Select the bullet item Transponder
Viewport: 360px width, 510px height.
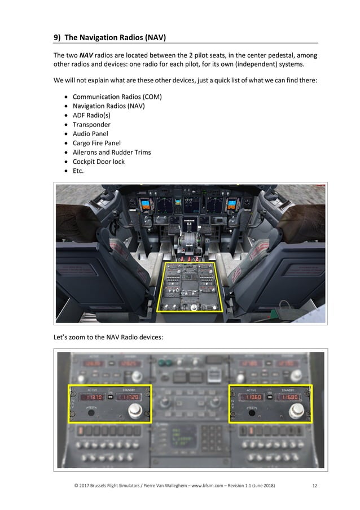(91, 124)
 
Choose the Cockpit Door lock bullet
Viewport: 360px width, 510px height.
(99, 162)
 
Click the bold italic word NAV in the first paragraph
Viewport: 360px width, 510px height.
(86, 55)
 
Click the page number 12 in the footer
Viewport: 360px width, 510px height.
(314, 486)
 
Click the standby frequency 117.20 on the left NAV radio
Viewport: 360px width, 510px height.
(130, 397)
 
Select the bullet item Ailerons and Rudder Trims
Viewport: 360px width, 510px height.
(112, 152)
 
